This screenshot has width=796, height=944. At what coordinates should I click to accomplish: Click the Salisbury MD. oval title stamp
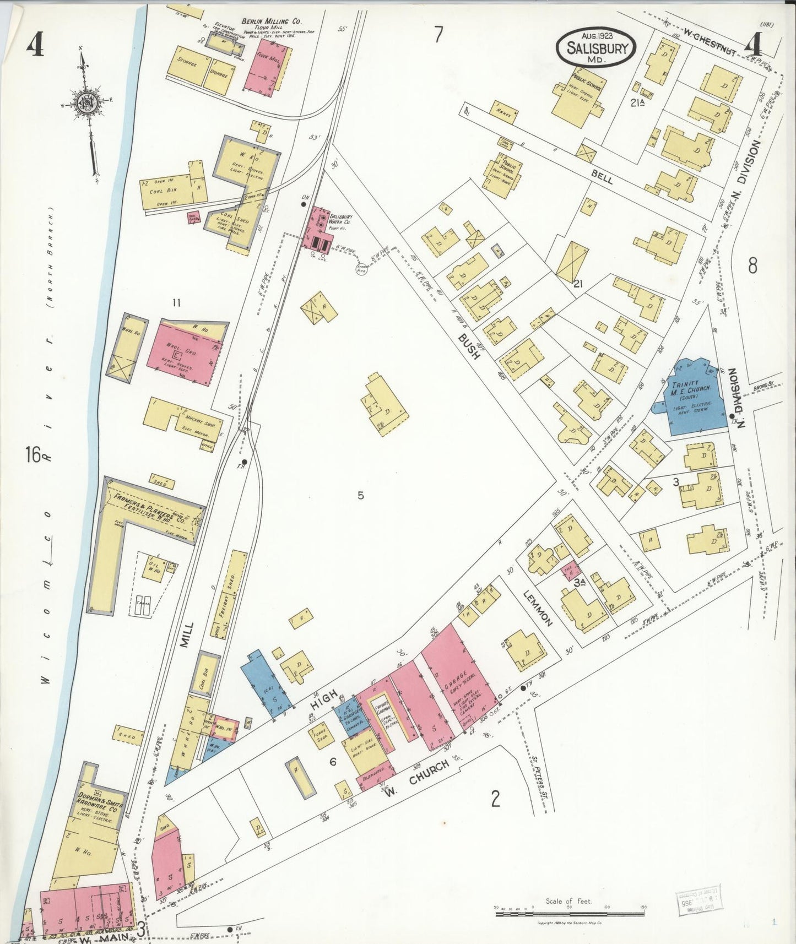click(x=595, y=48)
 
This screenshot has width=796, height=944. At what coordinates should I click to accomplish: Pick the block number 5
click(x=360, y=495)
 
